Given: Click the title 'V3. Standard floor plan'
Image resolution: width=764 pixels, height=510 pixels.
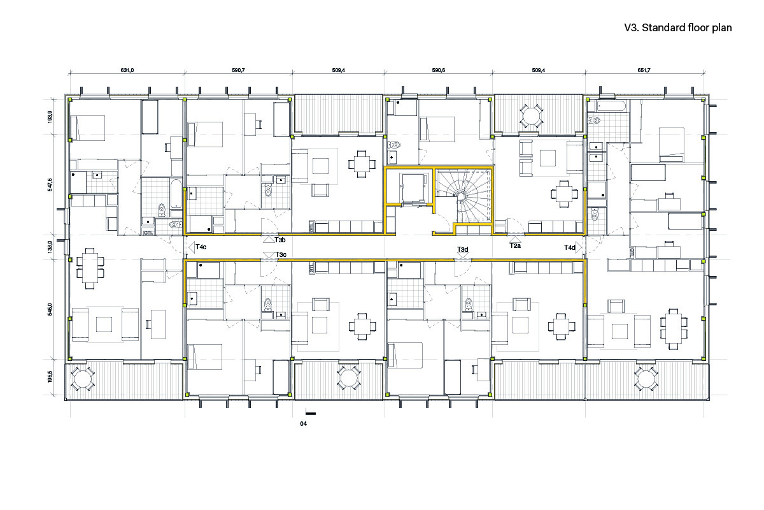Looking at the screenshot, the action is pos(677,27).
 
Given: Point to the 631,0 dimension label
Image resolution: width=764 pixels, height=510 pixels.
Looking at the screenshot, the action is pos(127,70).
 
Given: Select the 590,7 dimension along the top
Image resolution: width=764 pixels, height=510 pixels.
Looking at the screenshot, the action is pos(238,70).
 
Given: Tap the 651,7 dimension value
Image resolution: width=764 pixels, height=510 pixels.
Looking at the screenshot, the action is pos(644,70).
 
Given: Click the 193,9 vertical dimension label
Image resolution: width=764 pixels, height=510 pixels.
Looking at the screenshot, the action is pos(50,117).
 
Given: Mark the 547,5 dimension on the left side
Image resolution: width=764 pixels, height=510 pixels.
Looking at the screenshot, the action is pos(50,185).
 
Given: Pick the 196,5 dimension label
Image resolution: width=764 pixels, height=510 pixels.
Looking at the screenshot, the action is pos(50,376).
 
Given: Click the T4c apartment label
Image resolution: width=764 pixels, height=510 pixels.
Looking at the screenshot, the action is pos(201,247).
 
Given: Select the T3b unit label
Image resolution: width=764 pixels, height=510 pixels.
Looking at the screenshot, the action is pos(280,240).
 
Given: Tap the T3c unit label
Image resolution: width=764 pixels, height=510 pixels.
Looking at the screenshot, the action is pos(281,254).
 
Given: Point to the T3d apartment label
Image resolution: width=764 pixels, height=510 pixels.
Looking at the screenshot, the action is pos(463,249).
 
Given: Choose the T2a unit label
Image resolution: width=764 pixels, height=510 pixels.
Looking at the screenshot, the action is pos(515,245).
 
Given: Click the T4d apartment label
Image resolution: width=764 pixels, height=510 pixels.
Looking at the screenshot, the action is pos(570,247).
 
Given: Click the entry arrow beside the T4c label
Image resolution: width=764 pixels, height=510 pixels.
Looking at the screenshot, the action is pos(192,247).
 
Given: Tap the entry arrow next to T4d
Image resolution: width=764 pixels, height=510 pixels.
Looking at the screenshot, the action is pos(579,247).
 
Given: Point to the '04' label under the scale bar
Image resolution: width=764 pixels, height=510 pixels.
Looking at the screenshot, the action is pos(303,423).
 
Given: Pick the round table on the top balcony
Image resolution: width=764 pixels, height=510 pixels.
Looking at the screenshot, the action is pos(531,116).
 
